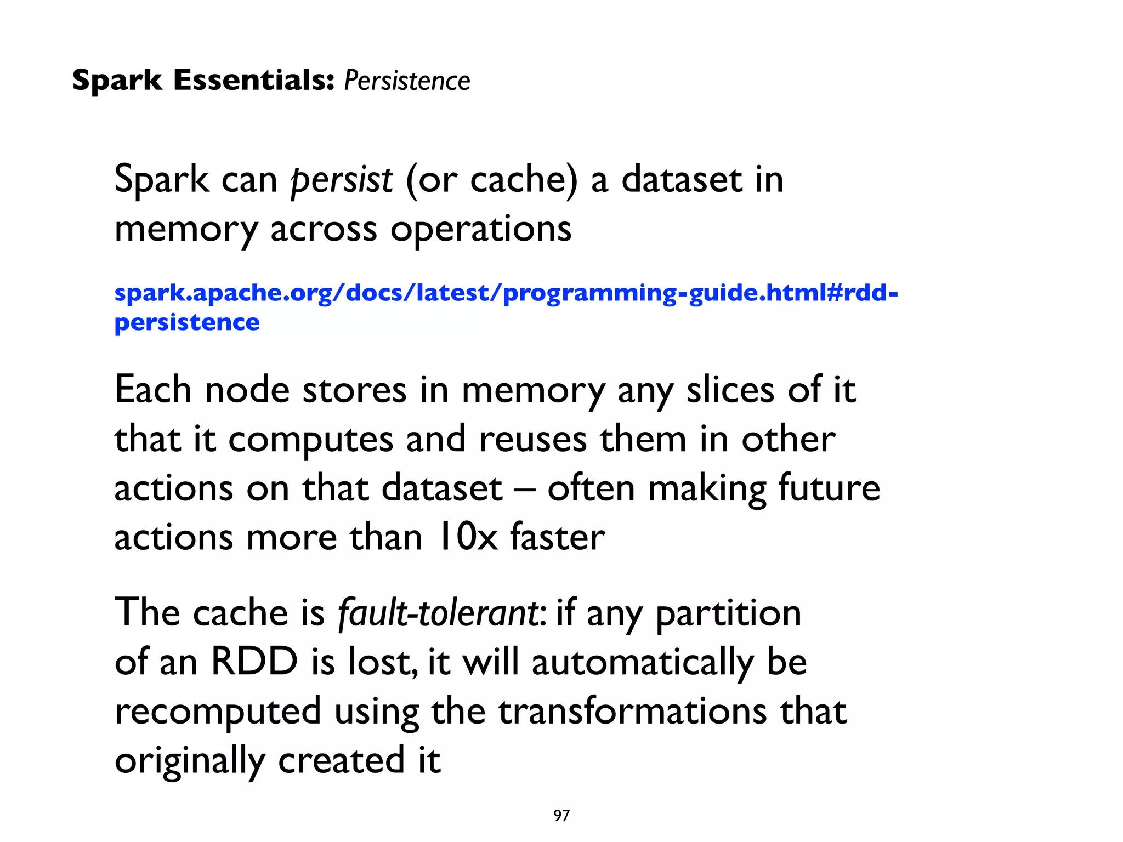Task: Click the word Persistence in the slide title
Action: (407, 81)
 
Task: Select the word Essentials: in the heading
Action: (254, 80)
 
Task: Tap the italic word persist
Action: (341, 180)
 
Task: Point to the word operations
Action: (481, 230)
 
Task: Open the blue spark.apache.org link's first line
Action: (506, 293)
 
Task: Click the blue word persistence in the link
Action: (187, 322)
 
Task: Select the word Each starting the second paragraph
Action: (152, 390)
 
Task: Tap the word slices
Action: (730, 390)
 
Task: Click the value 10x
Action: (467, 537)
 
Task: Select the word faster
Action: (558, 537)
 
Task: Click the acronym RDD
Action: (254, 661)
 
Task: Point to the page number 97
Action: (561, 816)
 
